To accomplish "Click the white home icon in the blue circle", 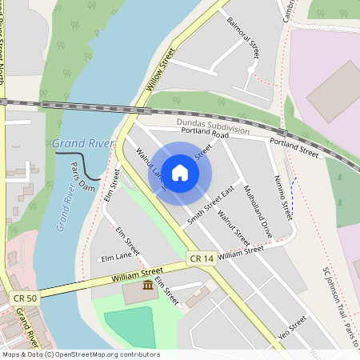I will [x=180, y=172].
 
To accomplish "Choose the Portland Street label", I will [x=294, y=146].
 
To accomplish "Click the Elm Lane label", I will [x=116, y=258].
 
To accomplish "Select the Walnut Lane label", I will [x=150, y=169].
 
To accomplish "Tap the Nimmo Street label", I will [x=282, y=197].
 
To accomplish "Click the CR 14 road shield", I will [x=202, y=258].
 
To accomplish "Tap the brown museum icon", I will [x=148, y=286].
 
